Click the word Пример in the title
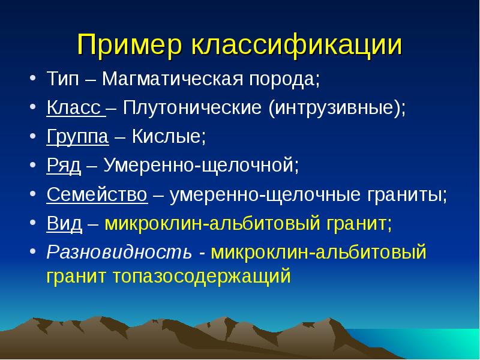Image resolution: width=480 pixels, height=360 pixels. tap(129, 46)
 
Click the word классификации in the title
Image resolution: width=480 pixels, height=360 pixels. tap(296, 46)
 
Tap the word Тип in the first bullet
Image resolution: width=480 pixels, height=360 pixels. tap(63, 79)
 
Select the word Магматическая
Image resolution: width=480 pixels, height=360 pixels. tap(172, 79)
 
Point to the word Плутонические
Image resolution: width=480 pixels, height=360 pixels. tap(192, 108)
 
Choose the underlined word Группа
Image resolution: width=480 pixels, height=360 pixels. tap(78, 137)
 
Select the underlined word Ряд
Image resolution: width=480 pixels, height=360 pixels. tap(64, 166)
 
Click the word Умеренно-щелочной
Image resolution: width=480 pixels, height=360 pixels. tap(199, 166)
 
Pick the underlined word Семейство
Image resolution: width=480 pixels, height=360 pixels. tap(97, 194)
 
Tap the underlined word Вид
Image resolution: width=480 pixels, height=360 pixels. tap(64, 223)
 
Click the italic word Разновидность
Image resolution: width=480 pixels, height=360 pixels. tap(119, 252)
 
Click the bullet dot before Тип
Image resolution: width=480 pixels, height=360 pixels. tap(33, 79)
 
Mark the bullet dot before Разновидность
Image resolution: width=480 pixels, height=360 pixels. tap(33, 252)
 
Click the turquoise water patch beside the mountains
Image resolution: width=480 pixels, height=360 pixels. tap(428, 343)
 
